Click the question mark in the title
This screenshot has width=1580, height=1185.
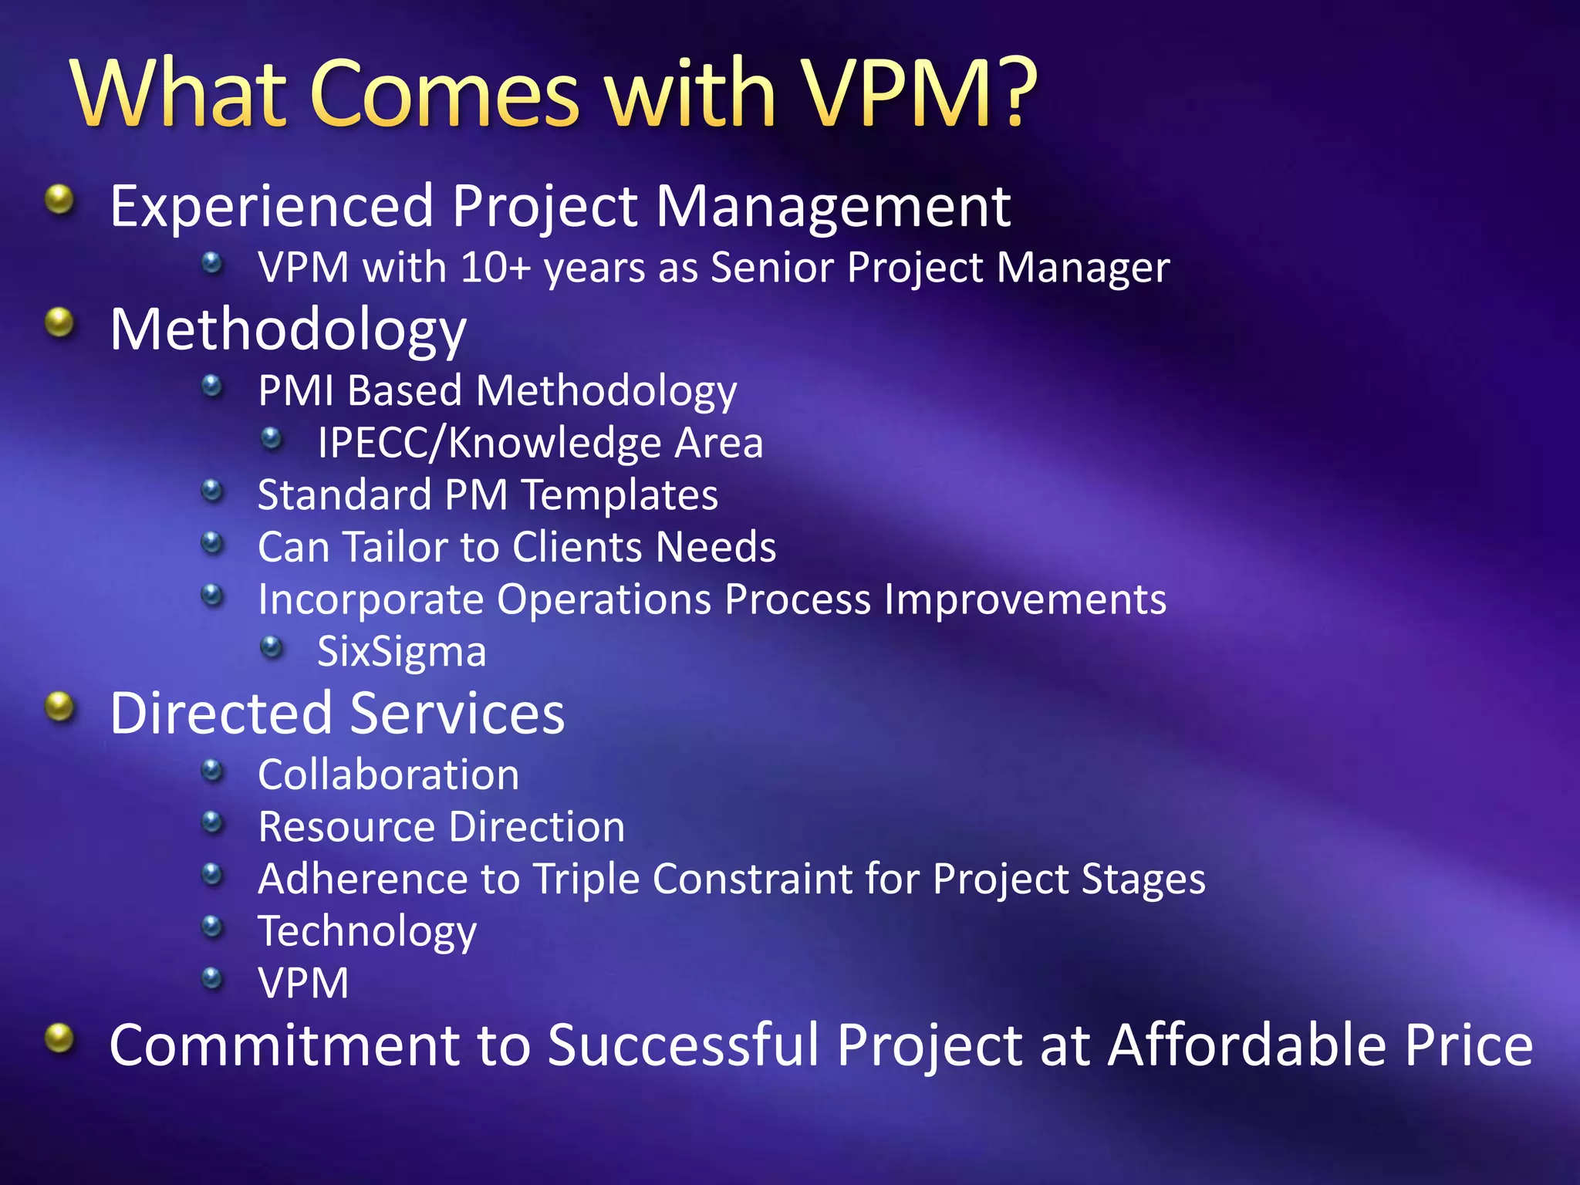pos(1008,93)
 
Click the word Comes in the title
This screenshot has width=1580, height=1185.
pos(444,94)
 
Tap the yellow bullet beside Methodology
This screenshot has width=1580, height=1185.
pos(59,322)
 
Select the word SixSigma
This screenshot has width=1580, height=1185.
pos(401,652)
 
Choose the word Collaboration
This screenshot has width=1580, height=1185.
pos(388,775)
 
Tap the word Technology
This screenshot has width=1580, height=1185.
pos(367,932)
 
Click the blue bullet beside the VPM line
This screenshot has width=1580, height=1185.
pos(212,978)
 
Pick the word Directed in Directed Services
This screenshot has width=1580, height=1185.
pos(221,714)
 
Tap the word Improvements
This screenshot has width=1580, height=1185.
pos(1025,599)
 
